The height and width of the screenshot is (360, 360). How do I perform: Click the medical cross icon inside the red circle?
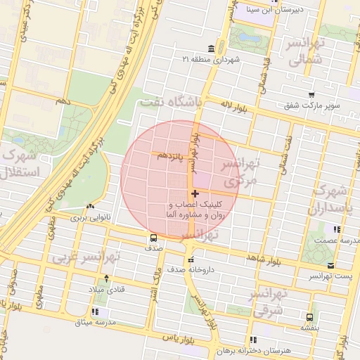[x=195, y=193]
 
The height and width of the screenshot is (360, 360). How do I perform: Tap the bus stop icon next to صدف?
[x=153, y=237]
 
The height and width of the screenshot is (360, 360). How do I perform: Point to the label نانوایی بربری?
[x=90, y=219]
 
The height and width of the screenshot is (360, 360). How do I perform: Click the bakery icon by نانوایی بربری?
[x=89, y=207]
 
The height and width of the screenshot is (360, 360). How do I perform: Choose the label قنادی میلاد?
[x=105, y=290]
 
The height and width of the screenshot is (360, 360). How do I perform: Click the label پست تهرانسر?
[x=331, y=278]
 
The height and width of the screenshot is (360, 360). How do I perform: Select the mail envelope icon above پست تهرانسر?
[x=331, y=266]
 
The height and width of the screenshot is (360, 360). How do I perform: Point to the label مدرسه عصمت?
[x=337, y=240]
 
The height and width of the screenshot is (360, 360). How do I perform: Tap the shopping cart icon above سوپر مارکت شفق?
[x=311, y=95]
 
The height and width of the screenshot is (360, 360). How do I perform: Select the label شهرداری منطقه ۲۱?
[x=211, y=59]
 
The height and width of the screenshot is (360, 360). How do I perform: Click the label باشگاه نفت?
[x=171, y=102]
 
